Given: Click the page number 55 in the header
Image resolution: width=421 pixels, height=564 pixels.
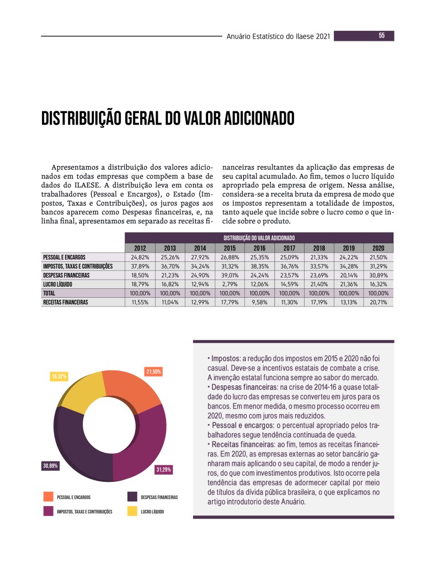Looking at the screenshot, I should tap(381, 36).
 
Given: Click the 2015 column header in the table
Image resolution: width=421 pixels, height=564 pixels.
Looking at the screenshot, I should tap(229, 248).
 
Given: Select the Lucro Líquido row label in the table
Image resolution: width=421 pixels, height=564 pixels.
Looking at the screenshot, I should tap(57, 284).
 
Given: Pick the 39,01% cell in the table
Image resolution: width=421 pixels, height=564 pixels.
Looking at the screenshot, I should tap(229, 275).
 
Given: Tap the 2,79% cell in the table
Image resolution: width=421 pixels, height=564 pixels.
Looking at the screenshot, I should tap(229, 284).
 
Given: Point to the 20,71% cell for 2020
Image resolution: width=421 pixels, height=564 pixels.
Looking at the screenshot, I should tap(378, 302).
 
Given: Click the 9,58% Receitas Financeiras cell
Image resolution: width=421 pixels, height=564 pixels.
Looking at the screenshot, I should tap(259, 302).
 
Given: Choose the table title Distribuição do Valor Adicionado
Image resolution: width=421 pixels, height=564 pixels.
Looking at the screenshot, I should tap(259, 238).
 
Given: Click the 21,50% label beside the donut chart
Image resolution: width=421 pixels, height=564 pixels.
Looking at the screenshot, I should tap(153, 372).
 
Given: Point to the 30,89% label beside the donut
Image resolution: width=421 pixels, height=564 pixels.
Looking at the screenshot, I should tap(51, 466).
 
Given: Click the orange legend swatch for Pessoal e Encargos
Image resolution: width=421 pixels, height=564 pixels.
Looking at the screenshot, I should tap(49, 497).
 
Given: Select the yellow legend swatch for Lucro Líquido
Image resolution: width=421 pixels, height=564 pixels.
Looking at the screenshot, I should tap(132, 511).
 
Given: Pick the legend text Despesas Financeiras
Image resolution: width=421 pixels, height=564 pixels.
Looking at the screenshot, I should tap(159, 497).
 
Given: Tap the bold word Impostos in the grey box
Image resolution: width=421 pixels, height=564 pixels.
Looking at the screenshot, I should tap(223, 358).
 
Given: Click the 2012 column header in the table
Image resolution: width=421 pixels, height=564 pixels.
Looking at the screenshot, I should tap(140, 248).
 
